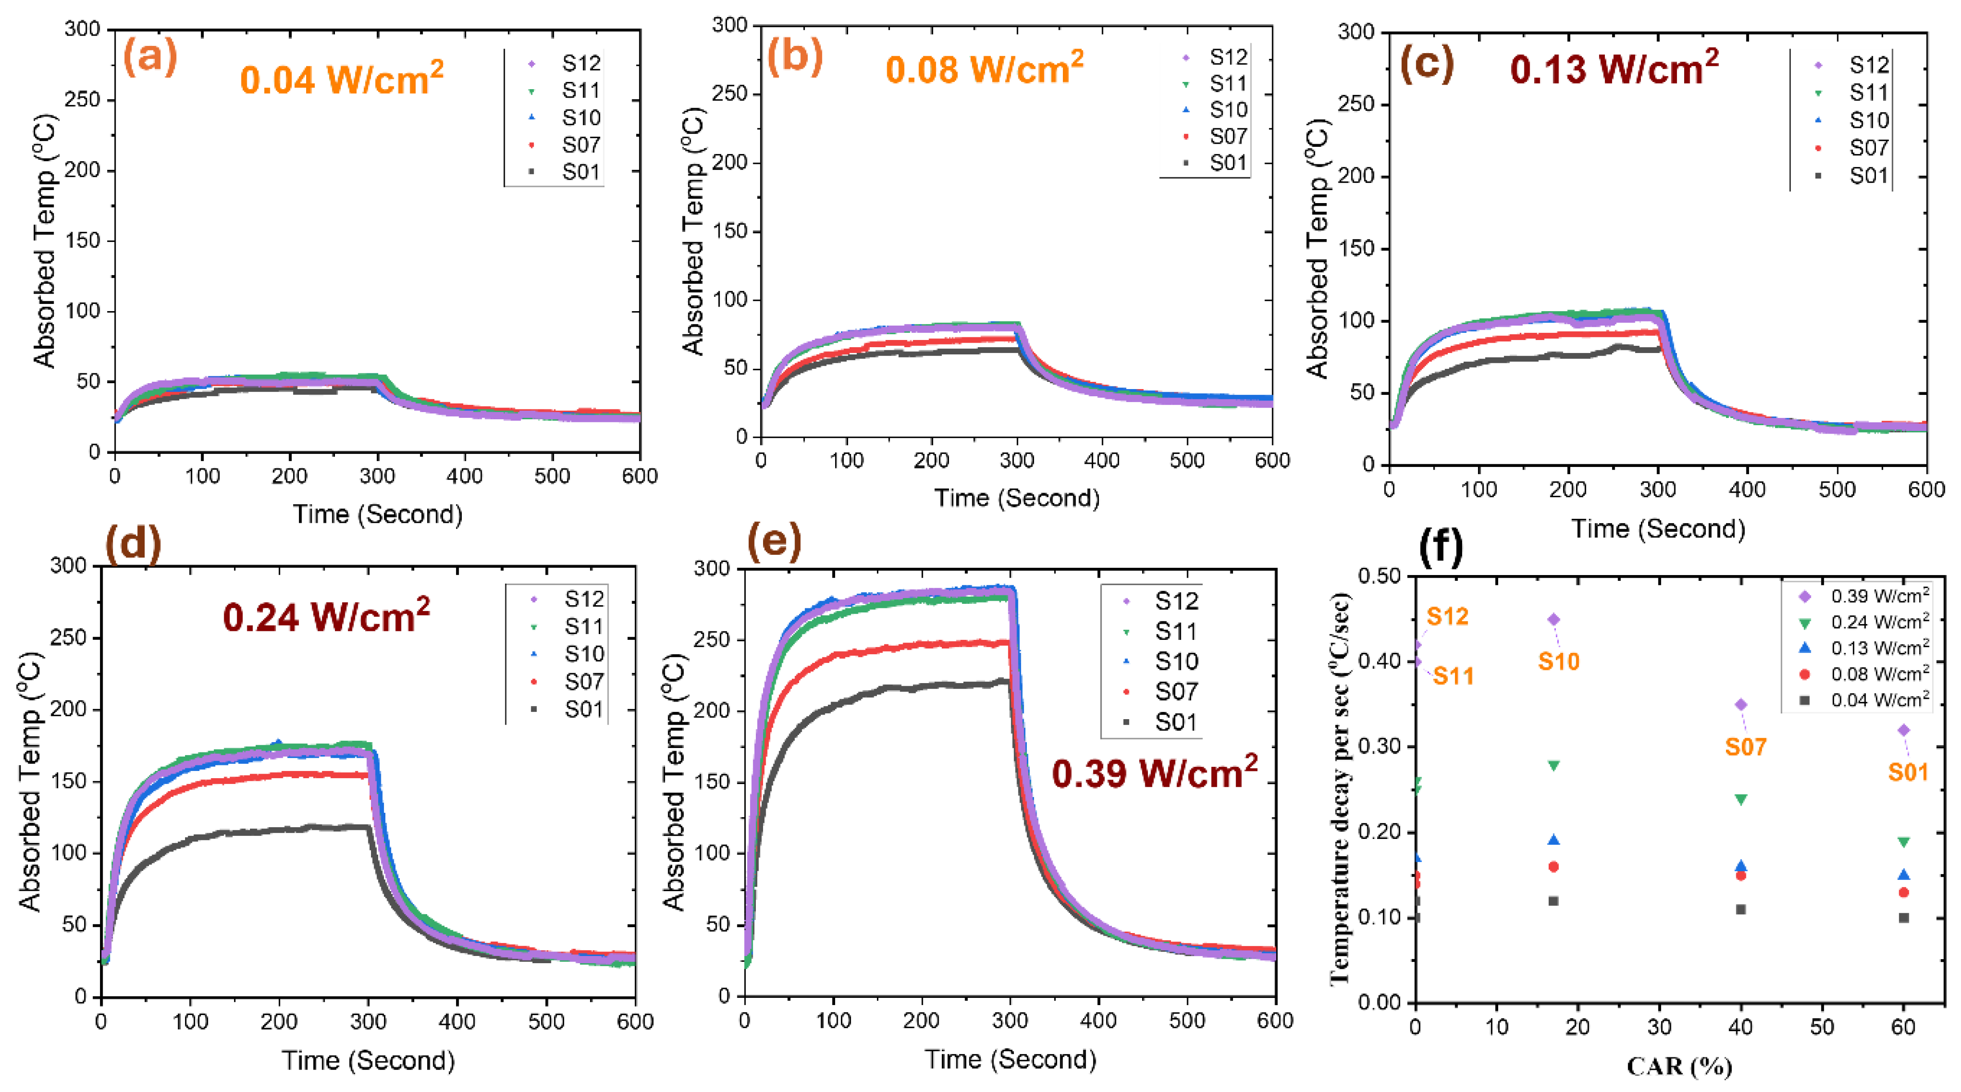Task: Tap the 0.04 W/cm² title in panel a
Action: pyautogui.click(x=341, y=78)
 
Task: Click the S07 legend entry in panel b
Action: pyautogui.click(x=1216, y=136)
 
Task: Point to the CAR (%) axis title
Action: pyautogui.click(x=1679, y=1066)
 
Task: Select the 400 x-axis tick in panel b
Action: pyautogui.click(x=1102, y=461)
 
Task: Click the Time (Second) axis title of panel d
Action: pyautogui.click(x=368, y=1060)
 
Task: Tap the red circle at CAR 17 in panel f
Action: pyautogui.click(x=1554, y=866)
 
